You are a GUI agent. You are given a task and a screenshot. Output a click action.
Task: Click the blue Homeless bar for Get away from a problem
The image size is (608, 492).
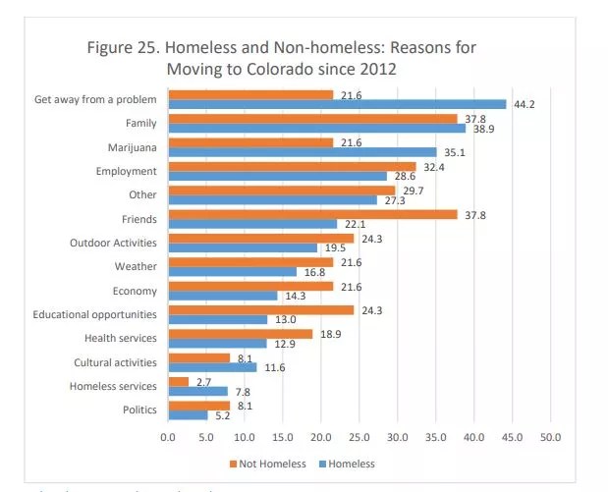[x=337, y=104]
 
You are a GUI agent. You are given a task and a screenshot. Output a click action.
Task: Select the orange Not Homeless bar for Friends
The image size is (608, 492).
[x=312, y=214]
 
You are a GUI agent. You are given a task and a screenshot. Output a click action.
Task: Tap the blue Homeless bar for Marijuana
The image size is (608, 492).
[x=302, y=152]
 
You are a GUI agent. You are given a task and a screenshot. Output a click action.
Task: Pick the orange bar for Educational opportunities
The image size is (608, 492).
[x=260, y=310]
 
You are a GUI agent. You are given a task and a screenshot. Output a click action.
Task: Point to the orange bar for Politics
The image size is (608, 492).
[x=198, y=405]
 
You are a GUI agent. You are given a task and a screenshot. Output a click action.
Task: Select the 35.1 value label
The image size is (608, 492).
[x=452, y=152]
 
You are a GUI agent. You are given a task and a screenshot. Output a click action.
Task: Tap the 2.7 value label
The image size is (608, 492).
[x=204, y=381]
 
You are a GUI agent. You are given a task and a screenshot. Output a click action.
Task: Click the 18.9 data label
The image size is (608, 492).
[x=327, y=334]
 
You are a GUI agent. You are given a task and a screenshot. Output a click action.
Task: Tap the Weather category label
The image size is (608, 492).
[x=137, y=267]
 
